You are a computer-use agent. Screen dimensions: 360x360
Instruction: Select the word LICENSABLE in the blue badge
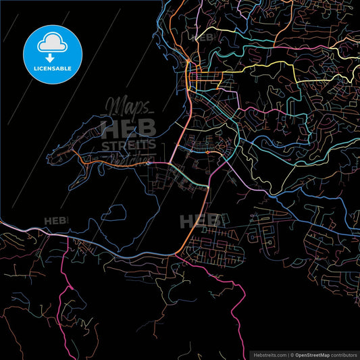52,68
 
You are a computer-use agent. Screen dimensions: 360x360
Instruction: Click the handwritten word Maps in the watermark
126,107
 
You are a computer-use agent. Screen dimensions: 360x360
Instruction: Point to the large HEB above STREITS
128,127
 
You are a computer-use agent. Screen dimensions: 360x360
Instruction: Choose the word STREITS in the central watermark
129,145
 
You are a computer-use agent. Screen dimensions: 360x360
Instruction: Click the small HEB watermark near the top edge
203,37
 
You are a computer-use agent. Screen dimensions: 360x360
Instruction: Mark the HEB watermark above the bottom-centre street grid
200,221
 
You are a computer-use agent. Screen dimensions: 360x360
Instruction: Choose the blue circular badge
52,52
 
